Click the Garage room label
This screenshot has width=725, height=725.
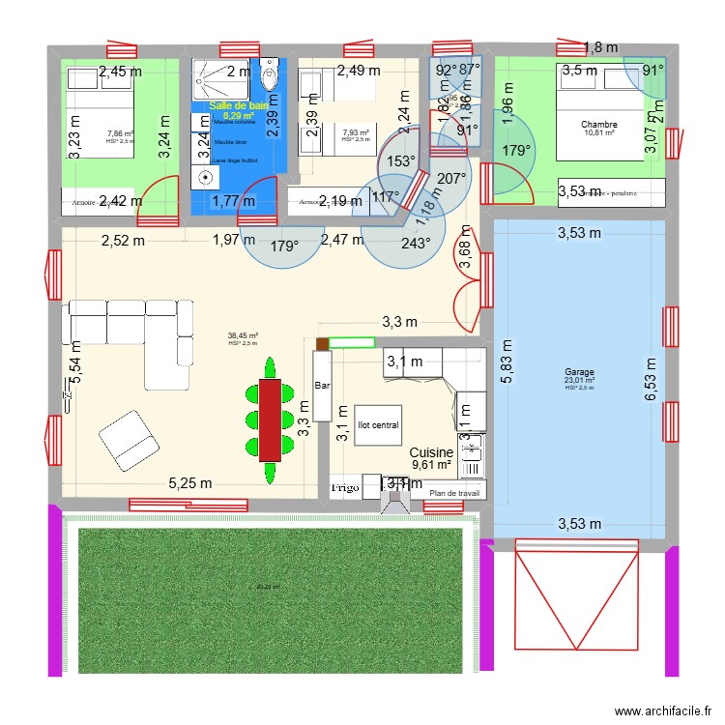[580, 372]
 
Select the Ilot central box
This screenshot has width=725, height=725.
[377, 424]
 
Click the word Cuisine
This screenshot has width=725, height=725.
[431, 452]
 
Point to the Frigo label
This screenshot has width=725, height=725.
[345, 488]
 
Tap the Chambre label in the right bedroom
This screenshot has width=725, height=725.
[599, 124]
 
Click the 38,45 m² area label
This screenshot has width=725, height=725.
[243, 336]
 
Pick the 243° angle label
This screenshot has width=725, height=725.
[417, 244]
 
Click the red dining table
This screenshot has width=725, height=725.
[270, 420]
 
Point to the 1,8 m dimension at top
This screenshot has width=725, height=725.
[599, 46]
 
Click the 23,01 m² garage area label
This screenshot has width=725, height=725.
[580, 381]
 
